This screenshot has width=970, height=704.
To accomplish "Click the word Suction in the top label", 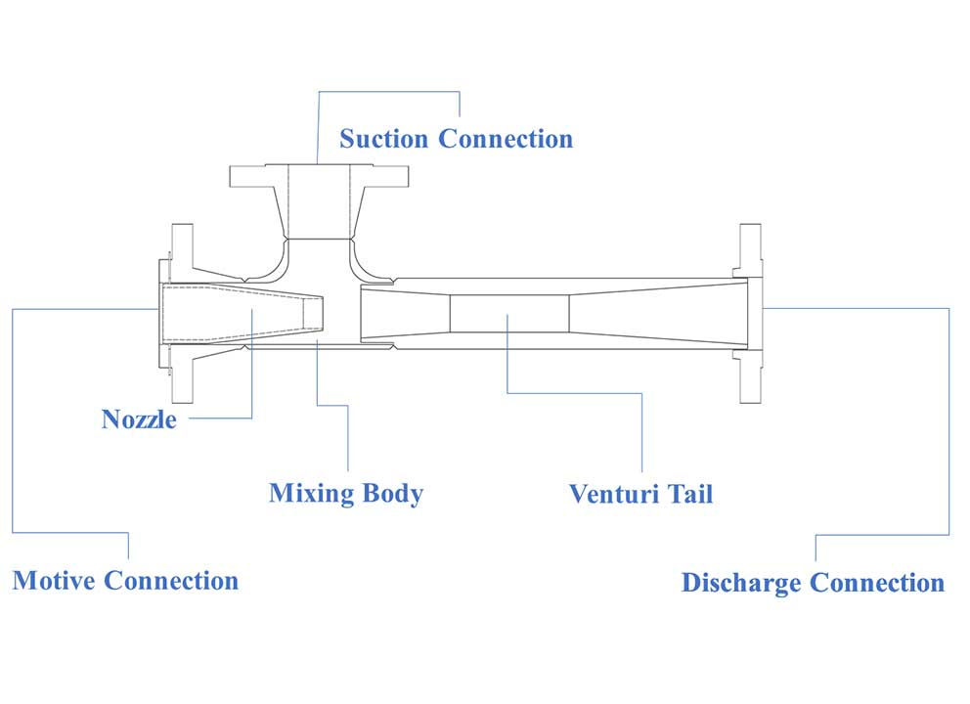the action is [383, 139].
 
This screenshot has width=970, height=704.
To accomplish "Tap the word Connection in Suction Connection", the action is [506, 139].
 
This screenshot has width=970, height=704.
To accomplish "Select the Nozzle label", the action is [139, 419].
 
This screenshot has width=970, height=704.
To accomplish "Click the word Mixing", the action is [311, 494].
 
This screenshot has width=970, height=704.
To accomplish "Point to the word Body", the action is [393, 494].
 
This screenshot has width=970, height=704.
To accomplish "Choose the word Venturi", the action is [613, 495].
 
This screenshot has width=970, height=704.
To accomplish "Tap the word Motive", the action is [54, 581].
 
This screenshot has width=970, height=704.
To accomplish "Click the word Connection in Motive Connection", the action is [171, 581].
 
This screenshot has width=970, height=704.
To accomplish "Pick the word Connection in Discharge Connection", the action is [877, 583].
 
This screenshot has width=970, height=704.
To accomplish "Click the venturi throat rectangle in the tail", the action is [509, 314].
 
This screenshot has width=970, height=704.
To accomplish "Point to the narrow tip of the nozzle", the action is [314, 313].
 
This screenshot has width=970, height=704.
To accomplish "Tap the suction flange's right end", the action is [389, 176].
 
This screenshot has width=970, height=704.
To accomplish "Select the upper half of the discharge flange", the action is [750, 250].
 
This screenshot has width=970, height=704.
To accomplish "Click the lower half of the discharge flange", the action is [750, 376].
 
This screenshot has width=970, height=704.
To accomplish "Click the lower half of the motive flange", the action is [182, 374].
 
